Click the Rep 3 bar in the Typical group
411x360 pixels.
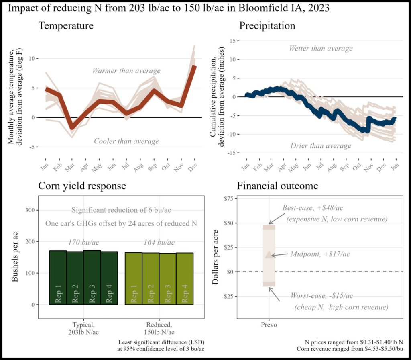92,277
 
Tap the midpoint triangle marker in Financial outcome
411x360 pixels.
269,254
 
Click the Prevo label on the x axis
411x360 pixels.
269,324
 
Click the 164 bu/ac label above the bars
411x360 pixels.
159,242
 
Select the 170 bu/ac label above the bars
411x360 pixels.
83,242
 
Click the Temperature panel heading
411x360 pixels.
66,26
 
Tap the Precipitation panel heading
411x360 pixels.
267,26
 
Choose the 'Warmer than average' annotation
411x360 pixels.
126,71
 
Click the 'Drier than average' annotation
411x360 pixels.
321,145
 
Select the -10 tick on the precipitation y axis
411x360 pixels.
230,135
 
